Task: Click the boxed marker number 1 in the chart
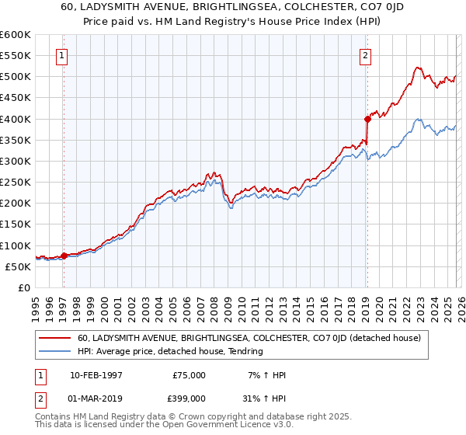pyautogui.click(x=61, y=55)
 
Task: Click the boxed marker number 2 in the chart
pyautogui.click(x=365, y=55)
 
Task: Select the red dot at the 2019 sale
pyautogui.click(x=367, y=119)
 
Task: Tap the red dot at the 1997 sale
pyautogui.click(x=64, y=256)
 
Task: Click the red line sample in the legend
pyautogui.click(x=54, y=338)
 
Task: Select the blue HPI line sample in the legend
pyautogui.click(x=54, y=351)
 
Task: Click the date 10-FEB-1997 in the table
pyautogui.click(x=96, y=375)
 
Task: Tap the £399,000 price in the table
pyautogui.click(x=190, y=398)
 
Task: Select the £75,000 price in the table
pyautogui.click(x=190, y=375)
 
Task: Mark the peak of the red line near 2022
pyautogui.click(x=416, y=68)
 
